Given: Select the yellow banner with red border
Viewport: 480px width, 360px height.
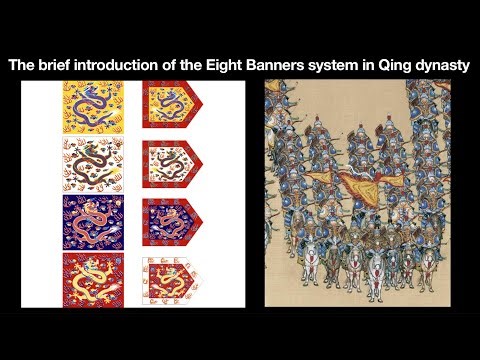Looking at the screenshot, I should pos(171,108).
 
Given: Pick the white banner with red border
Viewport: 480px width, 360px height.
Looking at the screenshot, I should pos(171,164).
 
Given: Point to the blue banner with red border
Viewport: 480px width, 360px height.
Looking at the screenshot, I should pos(171,222).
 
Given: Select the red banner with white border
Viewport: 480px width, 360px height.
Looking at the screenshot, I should pos(171,279).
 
